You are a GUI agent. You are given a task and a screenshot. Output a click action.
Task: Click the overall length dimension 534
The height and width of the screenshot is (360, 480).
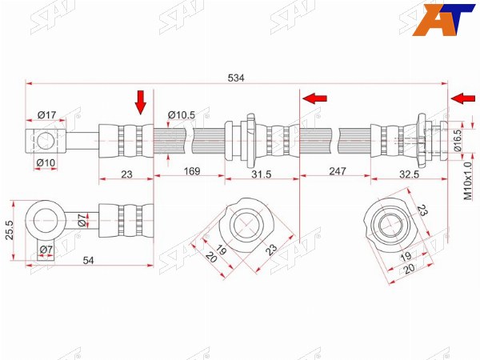point(236,78)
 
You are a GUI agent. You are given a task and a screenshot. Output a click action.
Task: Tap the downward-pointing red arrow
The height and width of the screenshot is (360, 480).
point(141,102)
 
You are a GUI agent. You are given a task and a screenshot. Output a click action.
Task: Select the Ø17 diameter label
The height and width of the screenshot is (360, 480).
point(47,115)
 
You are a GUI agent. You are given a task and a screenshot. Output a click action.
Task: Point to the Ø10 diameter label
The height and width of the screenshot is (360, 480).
point(46,163)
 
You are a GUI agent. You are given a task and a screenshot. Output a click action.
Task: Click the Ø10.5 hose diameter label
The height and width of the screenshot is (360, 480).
point(182,115)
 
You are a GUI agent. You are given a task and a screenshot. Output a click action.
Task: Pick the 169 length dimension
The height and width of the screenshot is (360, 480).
point(192,171)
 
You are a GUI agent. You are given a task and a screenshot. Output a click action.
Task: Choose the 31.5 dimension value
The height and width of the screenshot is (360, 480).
point(262,174)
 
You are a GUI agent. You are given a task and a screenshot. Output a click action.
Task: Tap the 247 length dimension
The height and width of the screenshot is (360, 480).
point(338,171)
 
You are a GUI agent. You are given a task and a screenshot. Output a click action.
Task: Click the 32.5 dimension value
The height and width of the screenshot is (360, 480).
point(409,174)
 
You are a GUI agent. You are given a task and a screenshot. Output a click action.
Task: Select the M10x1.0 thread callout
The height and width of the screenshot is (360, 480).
point(468,182)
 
